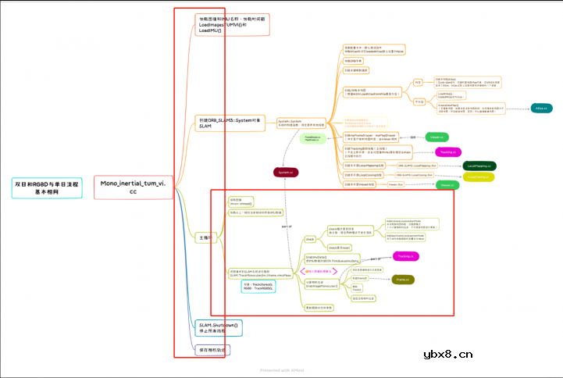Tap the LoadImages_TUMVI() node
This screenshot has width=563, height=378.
pos(232,25)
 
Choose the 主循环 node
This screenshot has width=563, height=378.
pos(205,237)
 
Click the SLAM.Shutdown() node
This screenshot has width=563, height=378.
pos(219,326)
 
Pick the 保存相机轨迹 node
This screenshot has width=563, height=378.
pos(209,349)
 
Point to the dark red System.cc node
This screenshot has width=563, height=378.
pos(287,172)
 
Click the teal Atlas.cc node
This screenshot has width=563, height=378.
pos(540,108)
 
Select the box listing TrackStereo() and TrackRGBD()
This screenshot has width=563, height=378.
pos(258,287)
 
